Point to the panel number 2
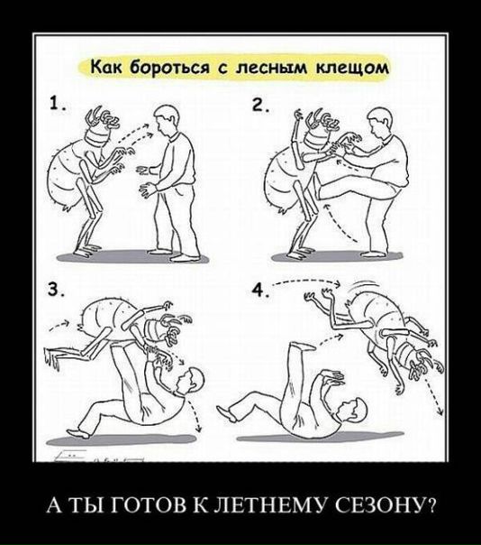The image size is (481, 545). [x=259, y=106]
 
